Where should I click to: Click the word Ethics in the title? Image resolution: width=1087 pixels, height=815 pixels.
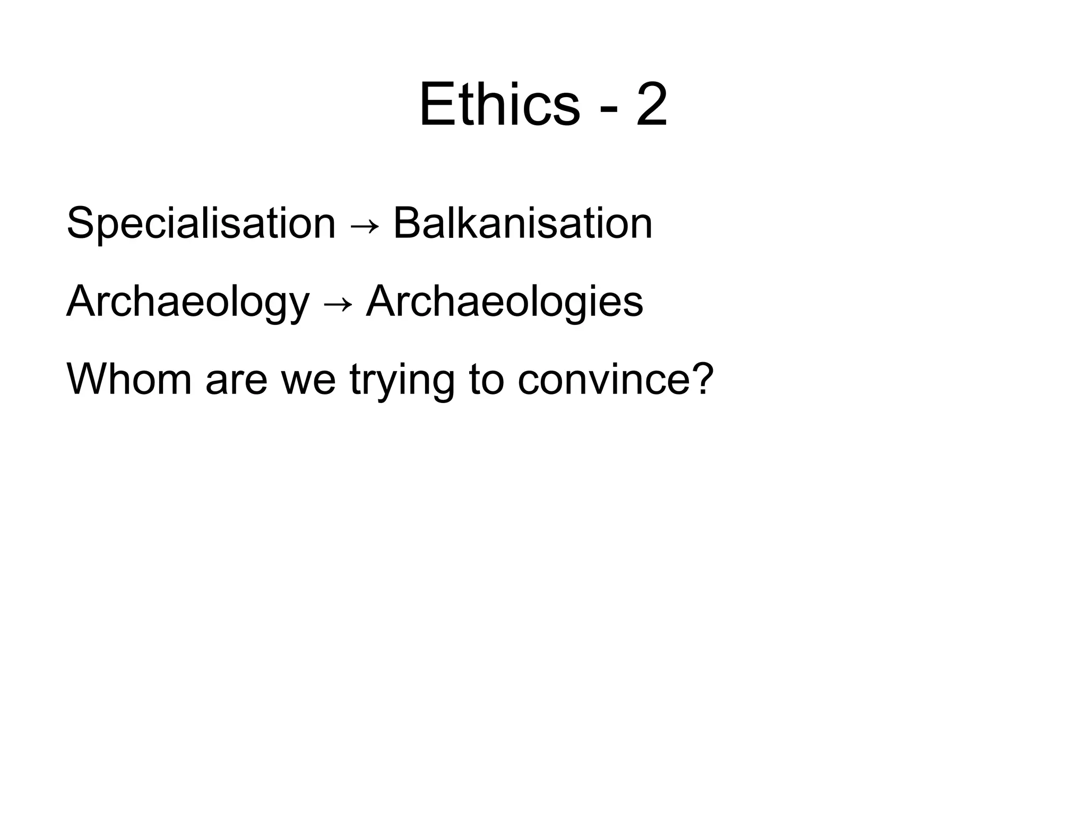coord(499,106)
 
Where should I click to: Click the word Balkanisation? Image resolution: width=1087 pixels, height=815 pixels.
coord(522,223)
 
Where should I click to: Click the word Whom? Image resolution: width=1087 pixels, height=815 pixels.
coord(129,379)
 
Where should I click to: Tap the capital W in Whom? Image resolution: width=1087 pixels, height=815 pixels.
coord(87,379)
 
